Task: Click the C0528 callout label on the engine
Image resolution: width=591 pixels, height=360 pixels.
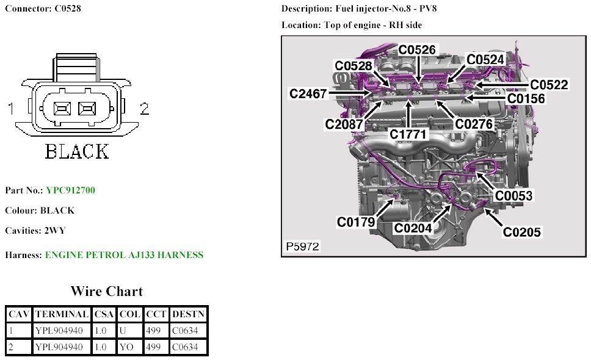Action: point(354,65)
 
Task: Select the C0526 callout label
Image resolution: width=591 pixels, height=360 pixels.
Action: point(418,50)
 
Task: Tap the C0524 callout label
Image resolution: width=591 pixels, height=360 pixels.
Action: point(485,59)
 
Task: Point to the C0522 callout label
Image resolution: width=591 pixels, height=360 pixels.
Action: point(549,85)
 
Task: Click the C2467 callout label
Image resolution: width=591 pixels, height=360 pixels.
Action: point(308,93)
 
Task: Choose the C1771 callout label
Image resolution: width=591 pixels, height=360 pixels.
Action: point(409,133)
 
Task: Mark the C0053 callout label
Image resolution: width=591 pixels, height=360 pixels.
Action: point(513,195)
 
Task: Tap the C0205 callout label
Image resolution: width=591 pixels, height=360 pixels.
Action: point(521,232)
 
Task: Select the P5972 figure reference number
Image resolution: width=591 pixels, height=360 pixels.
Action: point(302,247)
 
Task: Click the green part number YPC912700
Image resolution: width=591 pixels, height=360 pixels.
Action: point(70,190)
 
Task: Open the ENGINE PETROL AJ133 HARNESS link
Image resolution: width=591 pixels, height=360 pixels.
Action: point(124,255)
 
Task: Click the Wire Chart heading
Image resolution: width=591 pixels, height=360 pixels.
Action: point(106,291)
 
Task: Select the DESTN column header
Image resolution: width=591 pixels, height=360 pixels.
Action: point(188,314)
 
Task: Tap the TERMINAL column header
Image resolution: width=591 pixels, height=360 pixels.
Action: point(61,314)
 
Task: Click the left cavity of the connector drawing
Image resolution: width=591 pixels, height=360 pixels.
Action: point(62,109)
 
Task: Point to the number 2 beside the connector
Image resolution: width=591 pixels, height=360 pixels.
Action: point(144,109)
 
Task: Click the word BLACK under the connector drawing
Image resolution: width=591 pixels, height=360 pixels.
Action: point(77,151)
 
